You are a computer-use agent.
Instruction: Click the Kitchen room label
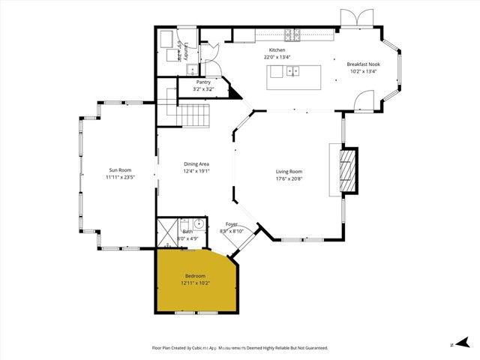click(277, 50)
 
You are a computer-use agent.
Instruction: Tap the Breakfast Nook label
click(363, 64)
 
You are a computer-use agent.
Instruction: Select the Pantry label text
click(203, 82)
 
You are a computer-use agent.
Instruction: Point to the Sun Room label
click(121, 170)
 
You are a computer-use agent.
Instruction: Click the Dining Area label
click(196, 164)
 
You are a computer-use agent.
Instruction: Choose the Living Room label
click(289, 172)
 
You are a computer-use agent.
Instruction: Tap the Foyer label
click(232, 224)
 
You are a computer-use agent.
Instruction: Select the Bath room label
click(187, 232)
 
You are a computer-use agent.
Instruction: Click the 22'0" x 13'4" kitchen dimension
click(277, 58)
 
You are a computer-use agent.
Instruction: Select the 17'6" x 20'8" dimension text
click(289, 179)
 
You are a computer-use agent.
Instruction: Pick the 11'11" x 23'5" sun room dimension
click(121, 178)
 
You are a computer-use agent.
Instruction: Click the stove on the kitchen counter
click(292, 34)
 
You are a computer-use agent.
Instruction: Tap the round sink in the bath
click(198, 223)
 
